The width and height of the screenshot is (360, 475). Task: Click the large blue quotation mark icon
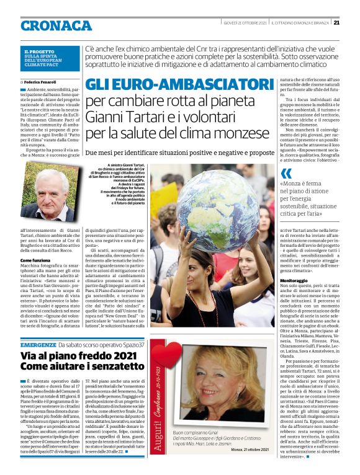pyautogui.click(x=286, y=174)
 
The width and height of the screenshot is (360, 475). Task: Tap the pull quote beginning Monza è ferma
pyautogui.click(x=310, y=200)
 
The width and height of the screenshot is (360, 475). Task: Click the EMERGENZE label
pyautogui.click(x=38, y=344)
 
